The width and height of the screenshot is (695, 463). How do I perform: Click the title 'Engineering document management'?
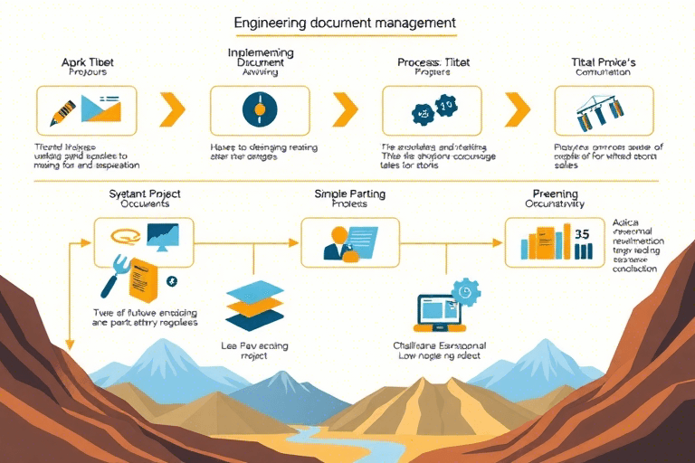[x=345, y=21]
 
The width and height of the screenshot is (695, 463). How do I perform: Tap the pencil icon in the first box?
[x=64, y=112]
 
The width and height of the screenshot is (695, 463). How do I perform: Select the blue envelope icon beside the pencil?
[x=100, y=109]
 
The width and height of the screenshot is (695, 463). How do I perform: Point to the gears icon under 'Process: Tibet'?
[x=432, y=110]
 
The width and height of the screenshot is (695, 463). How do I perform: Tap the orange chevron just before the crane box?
[x=517, y=109]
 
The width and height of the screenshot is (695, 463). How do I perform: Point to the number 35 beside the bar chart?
[x=583, y=233]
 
